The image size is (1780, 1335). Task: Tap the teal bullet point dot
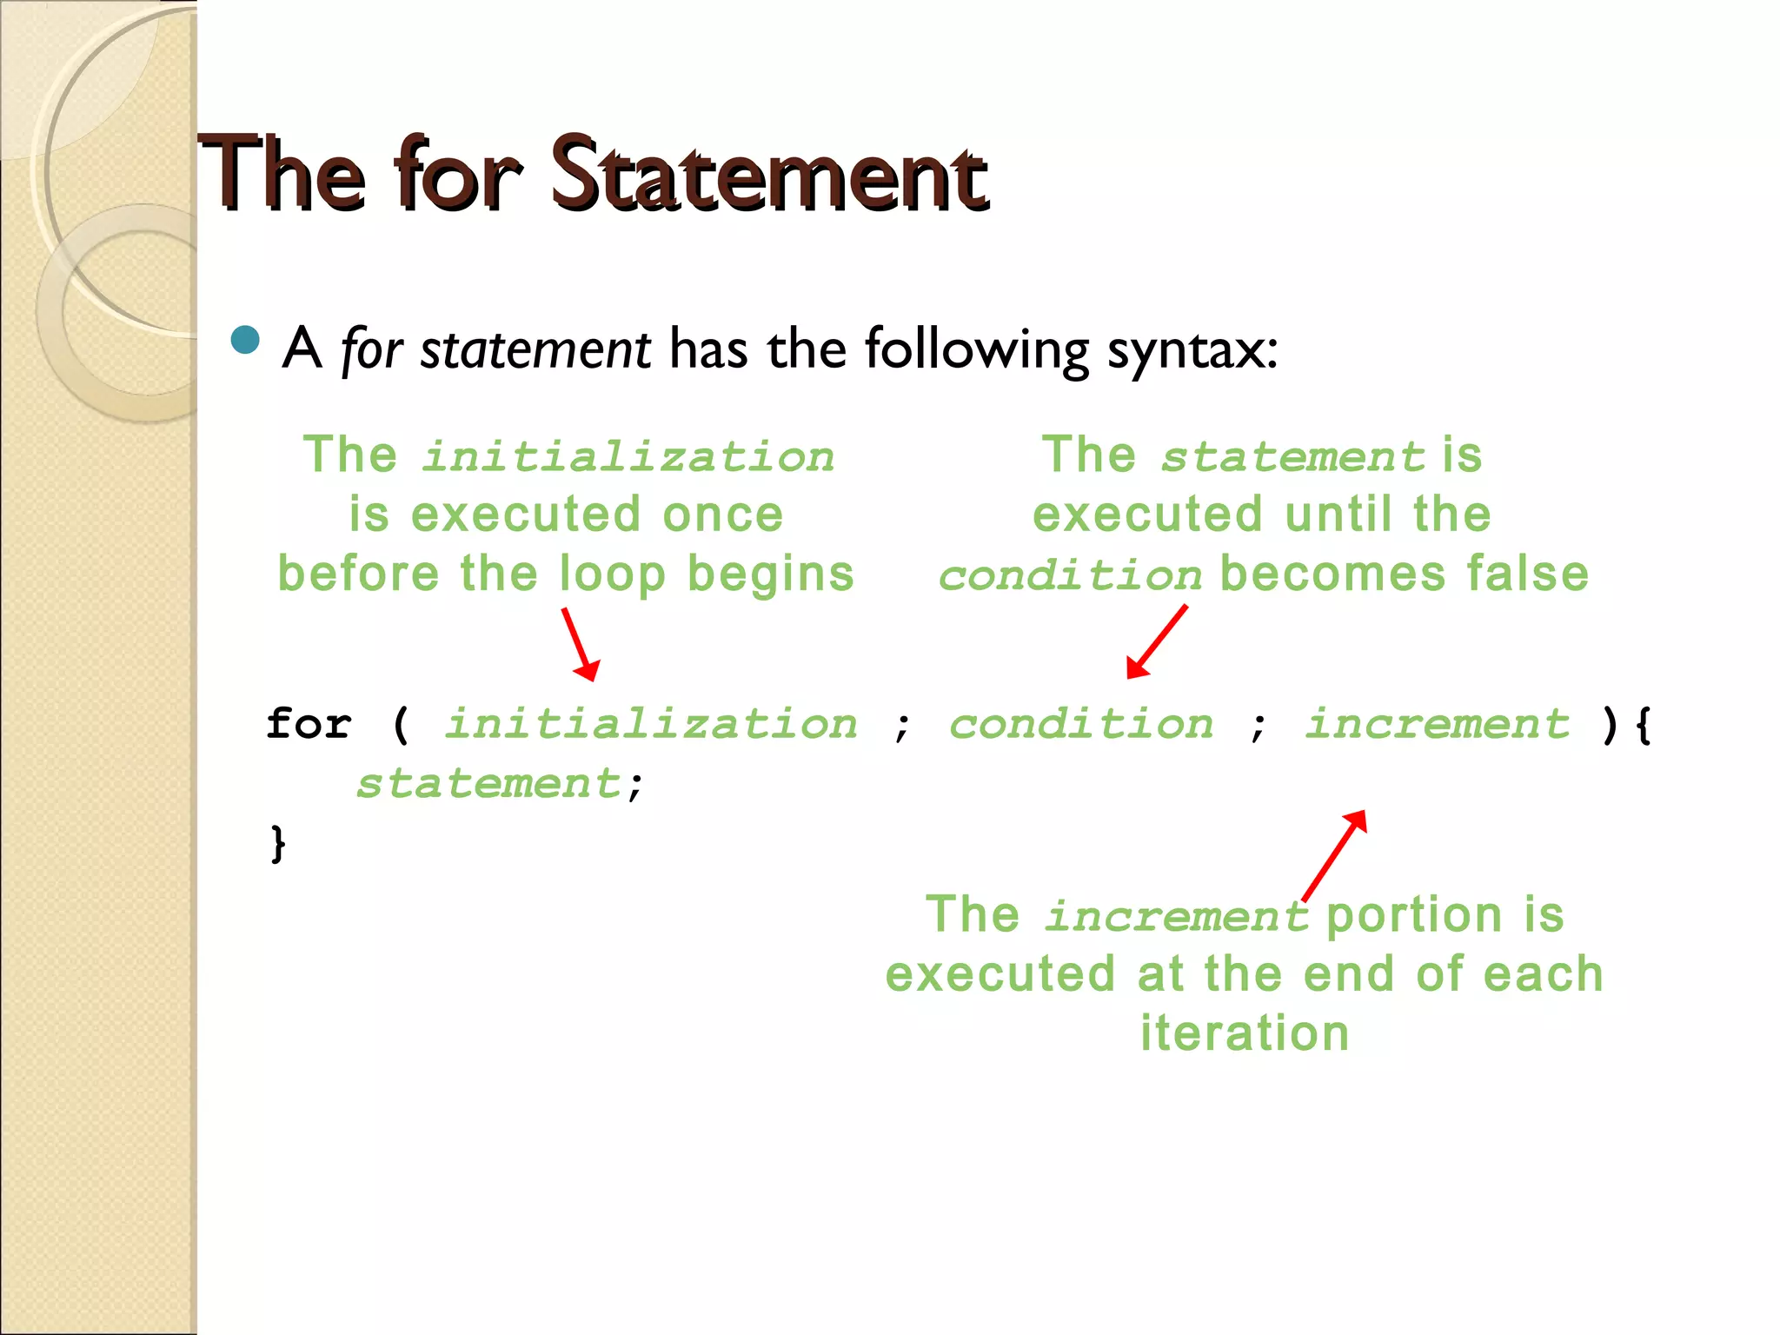(x=246, y=340)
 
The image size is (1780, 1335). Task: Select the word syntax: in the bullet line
(x=1192, y=349)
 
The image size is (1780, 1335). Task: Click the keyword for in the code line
(x=309, y=723)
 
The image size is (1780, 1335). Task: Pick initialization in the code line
(x=651, y=723)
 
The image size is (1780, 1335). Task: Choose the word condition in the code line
(x=1080, y=723)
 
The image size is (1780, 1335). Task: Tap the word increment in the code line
(x=1437, y=723)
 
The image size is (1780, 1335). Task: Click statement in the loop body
(x=488, y=783)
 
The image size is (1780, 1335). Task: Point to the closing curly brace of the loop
(x=277, y=843)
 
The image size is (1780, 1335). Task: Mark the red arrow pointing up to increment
(x=1334, y=855)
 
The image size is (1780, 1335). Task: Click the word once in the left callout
(x=722, y=514)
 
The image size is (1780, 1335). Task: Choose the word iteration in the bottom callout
(x=1245, y=1033)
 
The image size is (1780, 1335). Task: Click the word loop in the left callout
(x=612, y=574)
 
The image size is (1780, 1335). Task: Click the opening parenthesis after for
(x=401, y=723)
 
